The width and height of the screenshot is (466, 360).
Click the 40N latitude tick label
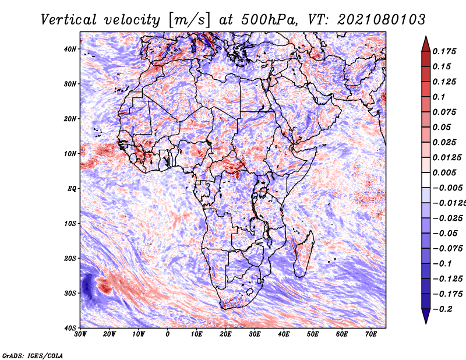tap(70, 49)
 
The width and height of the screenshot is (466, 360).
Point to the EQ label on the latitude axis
tap(72, 189)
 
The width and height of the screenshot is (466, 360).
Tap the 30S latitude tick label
tap(70, 293)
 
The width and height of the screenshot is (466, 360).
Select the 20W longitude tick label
tap(109, 334)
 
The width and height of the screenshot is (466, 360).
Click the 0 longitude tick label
tap(168, 334)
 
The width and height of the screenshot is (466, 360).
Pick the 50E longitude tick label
tap(313, 334)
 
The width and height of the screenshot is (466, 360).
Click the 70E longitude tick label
tap(370, 334)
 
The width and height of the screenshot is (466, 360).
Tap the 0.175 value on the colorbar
tap(444, 51)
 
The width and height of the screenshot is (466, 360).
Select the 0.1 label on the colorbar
tap(439, 97)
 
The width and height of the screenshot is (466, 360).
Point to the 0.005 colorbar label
tap(444, 172)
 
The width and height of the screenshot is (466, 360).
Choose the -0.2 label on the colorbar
tap(442, 309)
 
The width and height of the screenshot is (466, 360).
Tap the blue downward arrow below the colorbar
tap(426, 316)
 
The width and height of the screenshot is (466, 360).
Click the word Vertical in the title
tap(69, 20)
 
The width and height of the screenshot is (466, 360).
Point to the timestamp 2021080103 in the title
tap(382, 20)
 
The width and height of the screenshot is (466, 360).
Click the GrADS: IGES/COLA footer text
tap(33, 355)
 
